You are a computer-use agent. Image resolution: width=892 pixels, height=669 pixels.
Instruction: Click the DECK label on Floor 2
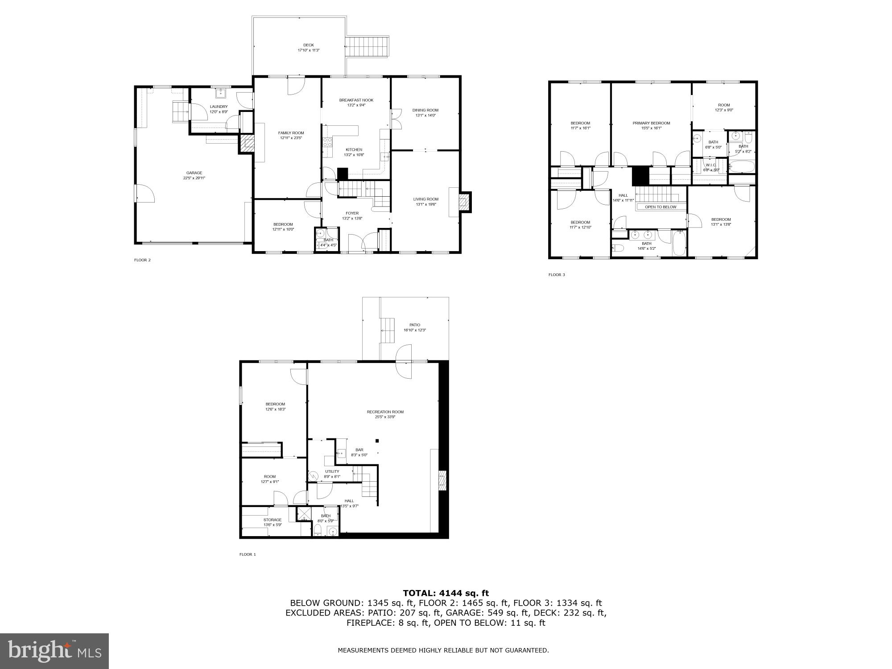click(x=309, y=45)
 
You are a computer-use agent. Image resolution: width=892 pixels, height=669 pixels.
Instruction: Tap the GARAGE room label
click(x=194, y=173)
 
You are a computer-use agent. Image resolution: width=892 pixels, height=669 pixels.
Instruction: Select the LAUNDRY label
click(x=219, y=107)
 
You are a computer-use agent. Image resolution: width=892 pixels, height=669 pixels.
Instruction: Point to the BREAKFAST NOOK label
click(x=356, y=100)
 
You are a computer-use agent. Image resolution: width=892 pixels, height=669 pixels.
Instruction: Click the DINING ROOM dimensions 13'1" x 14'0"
click(x=425, y=116)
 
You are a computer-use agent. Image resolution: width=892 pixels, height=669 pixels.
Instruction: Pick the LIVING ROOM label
click(x=425, y=199)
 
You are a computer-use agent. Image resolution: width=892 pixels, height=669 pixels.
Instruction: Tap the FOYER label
click(x=352, y=213)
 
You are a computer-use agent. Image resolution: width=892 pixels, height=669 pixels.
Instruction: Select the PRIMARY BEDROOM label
click(x=651, y=123)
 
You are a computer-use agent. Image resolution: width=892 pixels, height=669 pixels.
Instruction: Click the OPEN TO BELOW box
click(x=661, y=207)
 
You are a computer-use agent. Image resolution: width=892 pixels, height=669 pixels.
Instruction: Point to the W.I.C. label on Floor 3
click(x=711, y=165)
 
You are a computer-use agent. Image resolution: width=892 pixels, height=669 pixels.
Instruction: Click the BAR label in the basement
click(x=359, y=450)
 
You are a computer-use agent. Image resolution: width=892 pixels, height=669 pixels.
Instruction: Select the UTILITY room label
click(x=332, y=471)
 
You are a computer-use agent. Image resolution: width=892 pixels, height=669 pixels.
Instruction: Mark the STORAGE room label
click(x=272, y=520)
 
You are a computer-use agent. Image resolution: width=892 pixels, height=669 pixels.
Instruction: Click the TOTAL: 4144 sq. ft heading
click(x=446, y=593)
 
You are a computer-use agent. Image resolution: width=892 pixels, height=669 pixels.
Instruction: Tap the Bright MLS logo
click(x=54, y=651)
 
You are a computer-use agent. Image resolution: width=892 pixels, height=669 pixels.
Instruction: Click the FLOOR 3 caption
click(x=557, y=275)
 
